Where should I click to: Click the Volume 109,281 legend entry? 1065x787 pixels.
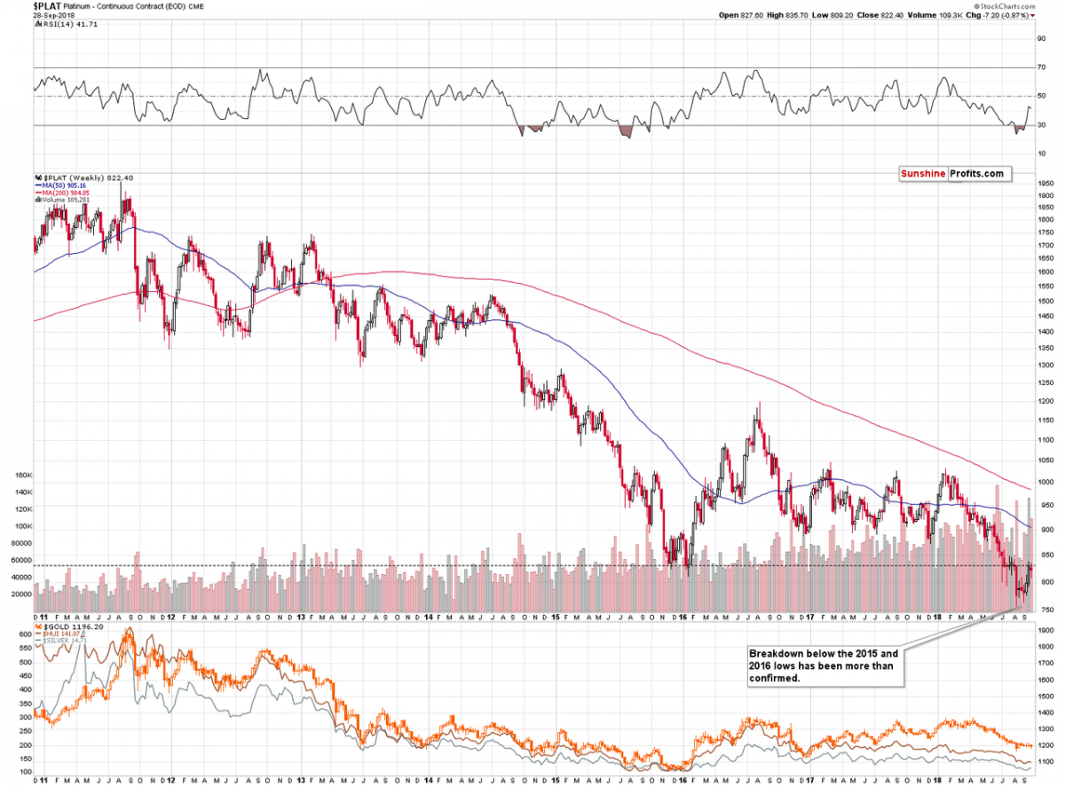click(66, 201)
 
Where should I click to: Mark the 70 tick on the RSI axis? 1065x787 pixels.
click(1040, 67)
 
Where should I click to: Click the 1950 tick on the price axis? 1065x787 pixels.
click(1045, 181)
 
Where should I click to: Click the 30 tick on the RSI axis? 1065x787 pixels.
click(1040, 125)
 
